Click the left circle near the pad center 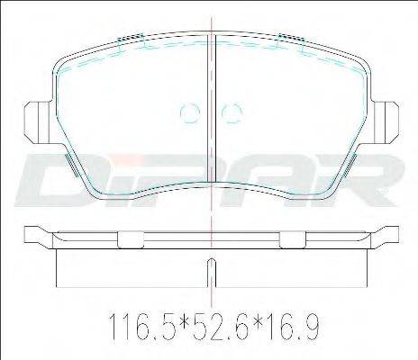190,112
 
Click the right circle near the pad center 232,112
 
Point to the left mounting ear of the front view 37,122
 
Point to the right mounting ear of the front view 386,122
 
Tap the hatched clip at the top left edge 131,38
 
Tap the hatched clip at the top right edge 292,38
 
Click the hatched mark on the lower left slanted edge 71,165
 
